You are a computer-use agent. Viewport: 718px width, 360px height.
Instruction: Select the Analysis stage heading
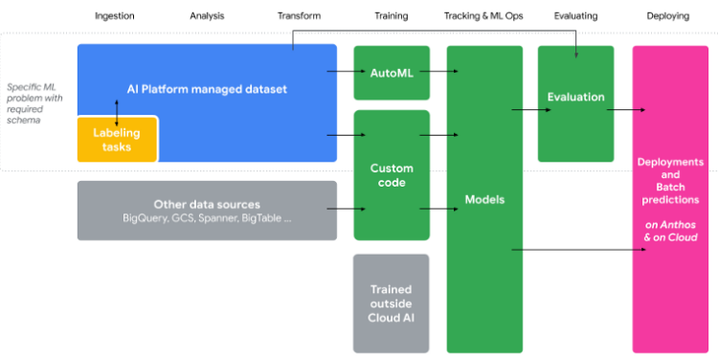tap(207, 16)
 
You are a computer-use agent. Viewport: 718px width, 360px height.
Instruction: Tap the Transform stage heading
tap(299, 16)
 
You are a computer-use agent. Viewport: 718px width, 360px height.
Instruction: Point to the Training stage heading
tap(391, 16)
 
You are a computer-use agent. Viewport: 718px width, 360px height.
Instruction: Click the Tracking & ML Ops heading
tap(484, 16)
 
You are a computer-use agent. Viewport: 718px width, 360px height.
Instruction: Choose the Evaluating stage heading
tap(576, 16)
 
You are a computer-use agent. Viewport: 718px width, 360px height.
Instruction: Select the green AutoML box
tap(391, 72)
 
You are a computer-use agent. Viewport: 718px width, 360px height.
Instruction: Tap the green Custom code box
tap(391, 175)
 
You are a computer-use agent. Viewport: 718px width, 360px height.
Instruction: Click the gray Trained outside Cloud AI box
tap(391, 304)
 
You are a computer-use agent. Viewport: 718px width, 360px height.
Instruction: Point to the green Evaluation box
tap(575, 97)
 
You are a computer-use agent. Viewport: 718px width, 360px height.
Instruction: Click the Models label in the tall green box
tap(484, 200)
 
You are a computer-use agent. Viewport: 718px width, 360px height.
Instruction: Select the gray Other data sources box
tap(207, 211)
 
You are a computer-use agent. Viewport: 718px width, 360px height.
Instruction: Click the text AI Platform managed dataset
tap(207, 89)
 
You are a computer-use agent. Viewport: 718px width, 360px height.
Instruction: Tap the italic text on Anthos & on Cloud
tap(669, 231)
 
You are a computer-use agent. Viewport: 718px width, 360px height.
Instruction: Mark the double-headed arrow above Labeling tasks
tap(117, 110)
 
